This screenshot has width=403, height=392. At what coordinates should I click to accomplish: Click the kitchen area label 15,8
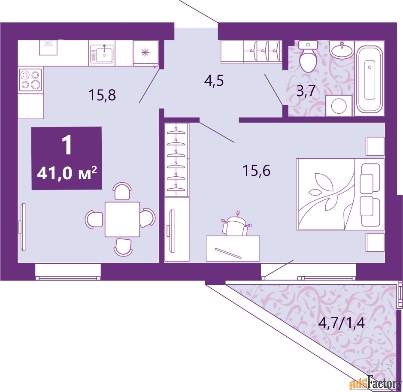103,94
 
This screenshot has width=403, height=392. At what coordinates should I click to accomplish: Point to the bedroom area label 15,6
256,171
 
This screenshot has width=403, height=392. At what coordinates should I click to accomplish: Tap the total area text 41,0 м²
67,174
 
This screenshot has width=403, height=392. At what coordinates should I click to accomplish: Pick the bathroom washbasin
342,51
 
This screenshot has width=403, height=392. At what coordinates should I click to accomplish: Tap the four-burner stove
30,80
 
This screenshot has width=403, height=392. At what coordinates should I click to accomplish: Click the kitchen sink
102,54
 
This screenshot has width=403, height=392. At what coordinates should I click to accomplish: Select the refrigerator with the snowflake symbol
145,53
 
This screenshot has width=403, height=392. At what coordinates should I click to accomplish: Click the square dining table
122,219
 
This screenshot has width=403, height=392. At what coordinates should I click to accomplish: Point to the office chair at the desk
234,225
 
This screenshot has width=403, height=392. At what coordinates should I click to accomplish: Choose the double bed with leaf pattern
339,194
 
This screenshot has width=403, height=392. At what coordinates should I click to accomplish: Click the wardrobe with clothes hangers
177,159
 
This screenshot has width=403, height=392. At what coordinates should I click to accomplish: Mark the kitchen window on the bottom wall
68,271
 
